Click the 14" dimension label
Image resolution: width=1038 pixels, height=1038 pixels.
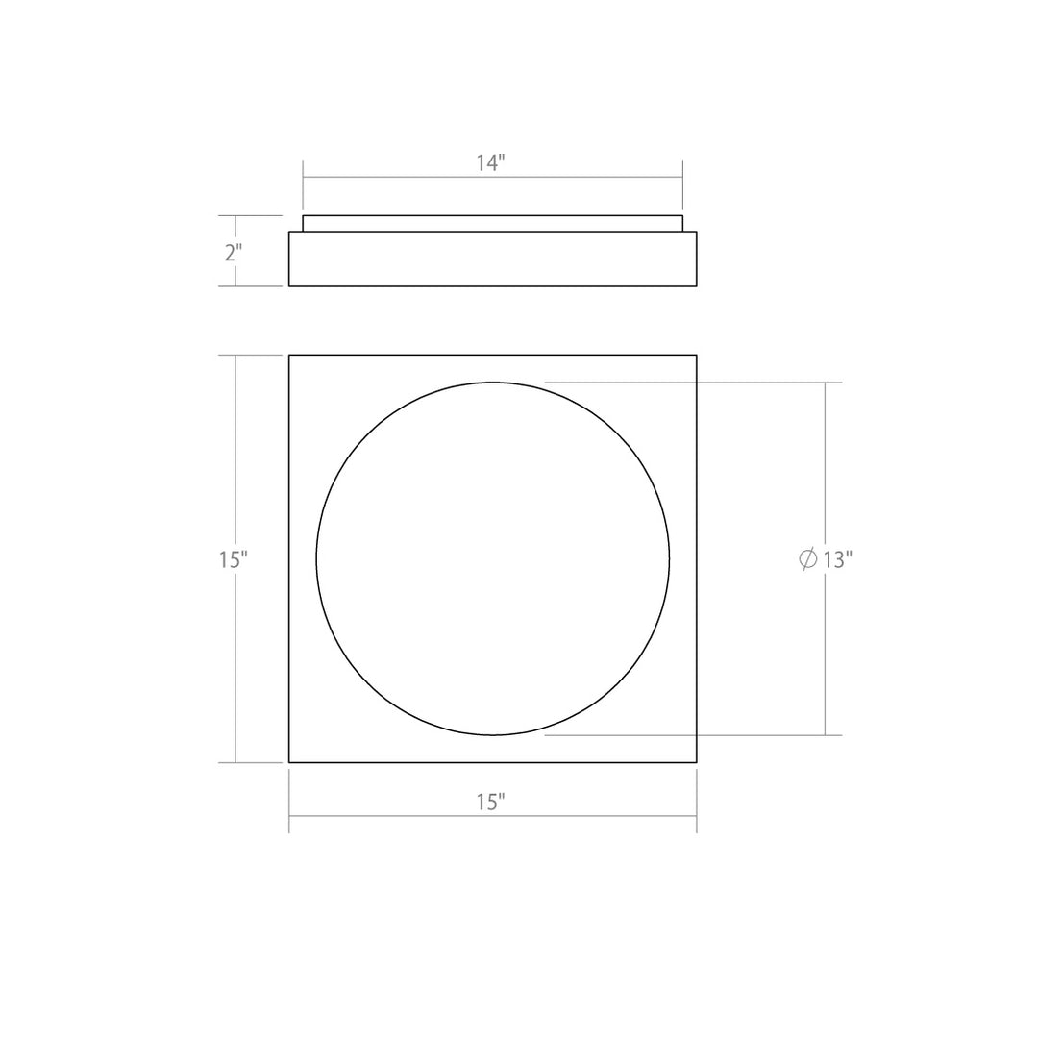(x=489, y=163)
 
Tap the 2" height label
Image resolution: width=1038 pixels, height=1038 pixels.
(x=233, y=253)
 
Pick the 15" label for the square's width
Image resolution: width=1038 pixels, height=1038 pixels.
(x=489, y=802)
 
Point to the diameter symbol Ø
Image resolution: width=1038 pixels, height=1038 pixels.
(x=808, y=559)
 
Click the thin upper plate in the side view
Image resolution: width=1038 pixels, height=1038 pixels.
(x=492, y=223)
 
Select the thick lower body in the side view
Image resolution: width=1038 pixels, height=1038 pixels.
(x=492, y=259)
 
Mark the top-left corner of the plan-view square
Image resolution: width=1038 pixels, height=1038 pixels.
(x=289, y=356)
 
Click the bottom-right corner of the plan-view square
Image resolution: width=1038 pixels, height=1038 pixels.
(x=696, y=762)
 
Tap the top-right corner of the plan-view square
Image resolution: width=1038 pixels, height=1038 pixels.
(x=696, y=356)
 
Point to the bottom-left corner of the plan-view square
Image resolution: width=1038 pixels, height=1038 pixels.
(x=289, y=762)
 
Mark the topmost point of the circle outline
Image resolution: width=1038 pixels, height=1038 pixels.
(x=493, y=383)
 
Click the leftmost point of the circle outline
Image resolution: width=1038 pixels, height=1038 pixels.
(x=316, y=558)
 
